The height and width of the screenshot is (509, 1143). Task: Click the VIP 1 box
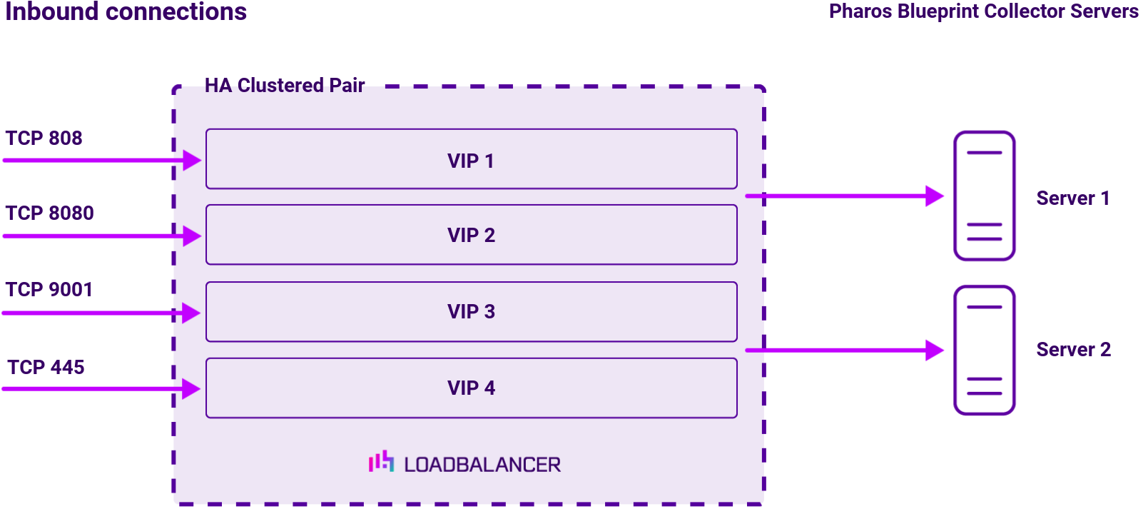pyautogui.click(x=471, y=159)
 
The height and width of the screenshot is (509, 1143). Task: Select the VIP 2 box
pyautogui.click(x=471, y=235)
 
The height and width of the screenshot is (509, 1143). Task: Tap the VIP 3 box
pyautogui.click(x=471, y=312)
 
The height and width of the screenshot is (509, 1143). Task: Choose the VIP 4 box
pyautogui.click(x=471, y=388)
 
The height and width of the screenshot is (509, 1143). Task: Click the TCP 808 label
pyautogui.click(x=44, y=138)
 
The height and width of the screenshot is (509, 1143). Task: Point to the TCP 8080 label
pyautogui.click(x=49, y=213)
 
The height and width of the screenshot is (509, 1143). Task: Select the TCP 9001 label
pyautogui.click(x=49, y=289)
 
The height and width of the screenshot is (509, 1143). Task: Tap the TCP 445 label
pyautogui.click(x=46, y=367)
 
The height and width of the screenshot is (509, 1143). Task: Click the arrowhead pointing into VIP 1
pyautogui.click(x=192, y=160)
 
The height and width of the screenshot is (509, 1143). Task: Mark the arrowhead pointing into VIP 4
pyautogui.click(x=191, y=389)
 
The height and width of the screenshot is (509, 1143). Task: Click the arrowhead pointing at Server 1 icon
pyautogui.click(x=935, y=196)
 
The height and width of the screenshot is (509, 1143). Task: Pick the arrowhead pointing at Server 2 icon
pyautogui.click(x=935, y=350)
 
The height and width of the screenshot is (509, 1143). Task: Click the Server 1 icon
pyautogui.click(x=984, y=196)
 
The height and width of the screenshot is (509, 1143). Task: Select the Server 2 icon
pyautogui.click(x=984, y=351)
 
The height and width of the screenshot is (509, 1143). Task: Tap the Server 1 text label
pyautogui.click(x=1072, y=198)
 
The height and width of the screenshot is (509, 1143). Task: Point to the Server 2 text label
pyautogui.click(x=1073, y=350)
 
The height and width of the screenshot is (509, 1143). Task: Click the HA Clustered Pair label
pyautogui.click(x=285, y=86)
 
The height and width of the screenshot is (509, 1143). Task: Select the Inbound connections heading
pyautogui.click(x=126, y=11)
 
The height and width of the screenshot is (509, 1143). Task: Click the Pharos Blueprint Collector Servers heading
pyautogui.click(x=983, y=11)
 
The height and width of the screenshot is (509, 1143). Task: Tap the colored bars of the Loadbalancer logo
pyautogui.click(x=381, y=462)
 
